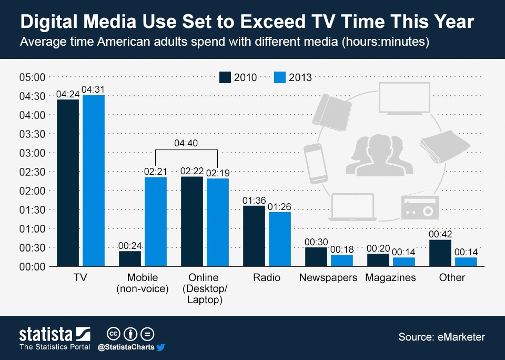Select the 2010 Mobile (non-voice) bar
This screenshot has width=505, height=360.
130,258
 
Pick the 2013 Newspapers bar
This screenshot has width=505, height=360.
341,261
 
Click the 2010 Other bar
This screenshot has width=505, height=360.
440,253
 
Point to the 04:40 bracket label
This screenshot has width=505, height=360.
187,143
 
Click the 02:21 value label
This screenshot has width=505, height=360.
156,171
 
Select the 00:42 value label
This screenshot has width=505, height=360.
440,234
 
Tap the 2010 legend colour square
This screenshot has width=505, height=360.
225,77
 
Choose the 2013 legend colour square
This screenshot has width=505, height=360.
280,77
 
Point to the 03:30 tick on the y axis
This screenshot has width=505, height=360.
33,134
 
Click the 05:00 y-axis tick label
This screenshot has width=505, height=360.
33,77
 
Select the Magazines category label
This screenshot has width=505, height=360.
390,277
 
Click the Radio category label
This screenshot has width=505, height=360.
267,277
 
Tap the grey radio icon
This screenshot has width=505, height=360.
419,207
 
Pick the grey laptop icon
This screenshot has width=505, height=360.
351,207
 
